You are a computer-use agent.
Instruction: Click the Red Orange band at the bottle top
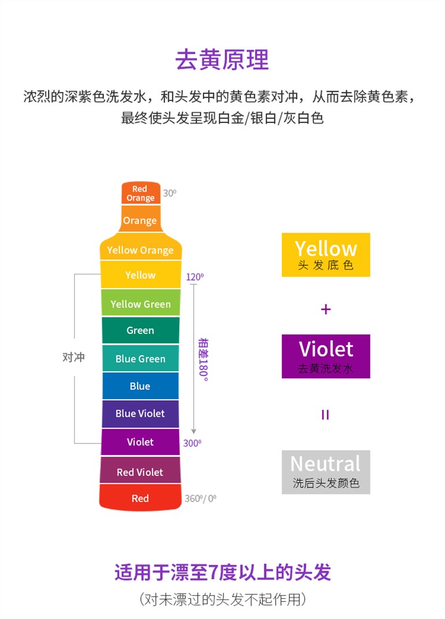[140, 193]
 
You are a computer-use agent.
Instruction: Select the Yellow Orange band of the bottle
[140, 247]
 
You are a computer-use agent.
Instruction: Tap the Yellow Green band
[140, 303]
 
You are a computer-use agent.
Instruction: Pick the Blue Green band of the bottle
[140, 358]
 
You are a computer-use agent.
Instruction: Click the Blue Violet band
[140, 413]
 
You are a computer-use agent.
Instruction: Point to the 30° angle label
[169, 193]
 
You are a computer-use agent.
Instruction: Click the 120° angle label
[195, 277]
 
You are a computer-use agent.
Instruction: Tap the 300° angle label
[192, 443]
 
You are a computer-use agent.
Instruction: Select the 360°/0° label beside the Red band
[201, 498]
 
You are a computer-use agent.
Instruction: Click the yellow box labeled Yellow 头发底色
[325, 255]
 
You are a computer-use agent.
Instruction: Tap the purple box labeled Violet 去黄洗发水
[325, 356]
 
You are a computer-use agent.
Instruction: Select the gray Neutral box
[325, 472]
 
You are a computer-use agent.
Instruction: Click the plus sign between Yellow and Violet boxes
[325, 309]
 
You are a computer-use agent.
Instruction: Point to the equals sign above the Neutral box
[325, 415]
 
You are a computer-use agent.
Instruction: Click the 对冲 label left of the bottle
[73, 357]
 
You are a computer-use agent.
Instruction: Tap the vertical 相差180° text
[203, 359]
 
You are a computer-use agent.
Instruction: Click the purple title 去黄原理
[222, 59]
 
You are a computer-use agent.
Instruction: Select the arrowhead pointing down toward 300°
[194, 431]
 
